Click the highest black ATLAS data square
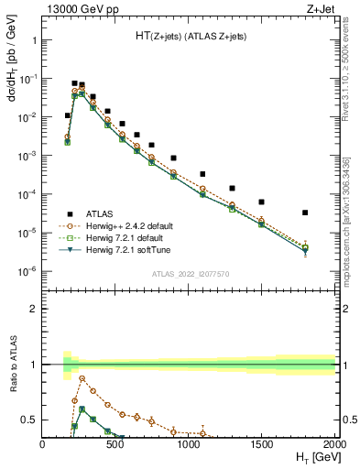point(74,83)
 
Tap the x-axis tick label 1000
point(189,443)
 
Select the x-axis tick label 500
point(115,443)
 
